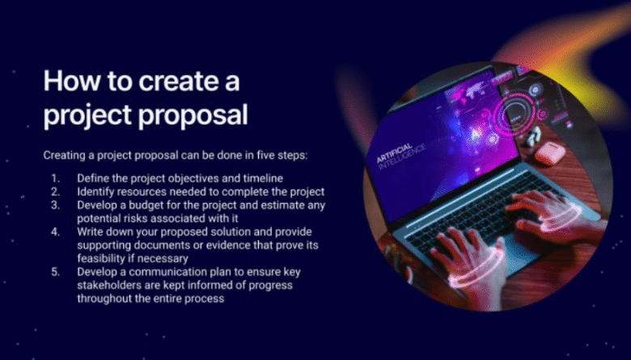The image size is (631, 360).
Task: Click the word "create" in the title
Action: (x=176, y=81)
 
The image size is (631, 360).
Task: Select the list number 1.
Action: (x=55, y=178)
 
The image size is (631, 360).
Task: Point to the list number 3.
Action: (x=55, y=205)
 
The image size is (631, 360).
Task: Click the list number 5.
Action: (x=55, y=272)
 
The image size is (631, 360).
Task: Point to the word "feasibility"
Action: (x=100, y=258)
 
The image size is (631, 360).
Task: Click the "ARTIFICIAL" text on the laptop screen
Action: (x=395, y=154)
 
